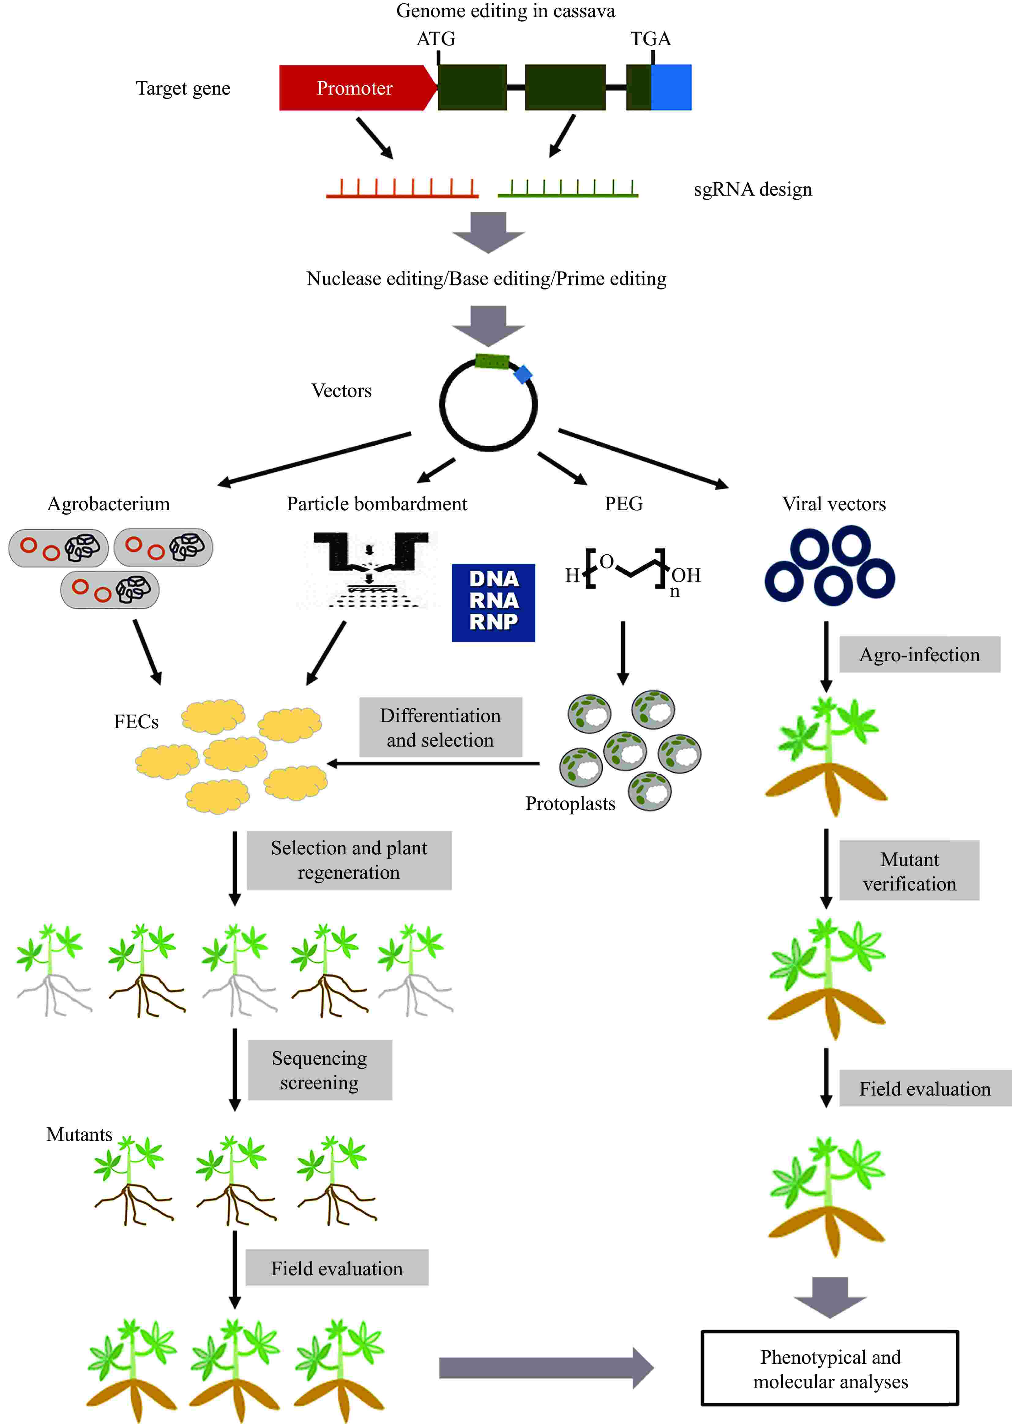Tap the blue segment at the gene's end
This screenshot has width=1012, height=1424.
(x=671, y=88)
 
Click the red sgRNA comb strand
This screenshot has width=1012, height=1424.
(x=402, y=189)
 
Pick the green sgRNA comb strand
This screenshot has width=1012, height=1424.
(x=568, y=189)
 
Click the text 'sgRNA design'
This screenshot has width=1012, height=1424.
(x=753, y=189)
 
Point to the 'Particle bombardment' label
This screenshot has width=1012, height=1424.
(x=376, y=504)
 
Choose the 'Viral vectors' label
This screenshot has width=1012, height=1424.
(x=834, y=504)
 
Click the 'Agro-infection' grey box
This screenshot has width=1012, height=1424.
(x=919, y=654)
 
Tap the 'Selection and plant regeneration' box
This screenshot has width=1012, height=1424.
(x=349, y=860)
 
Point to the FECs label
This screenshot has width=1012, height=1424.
(x=136, y=722)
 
